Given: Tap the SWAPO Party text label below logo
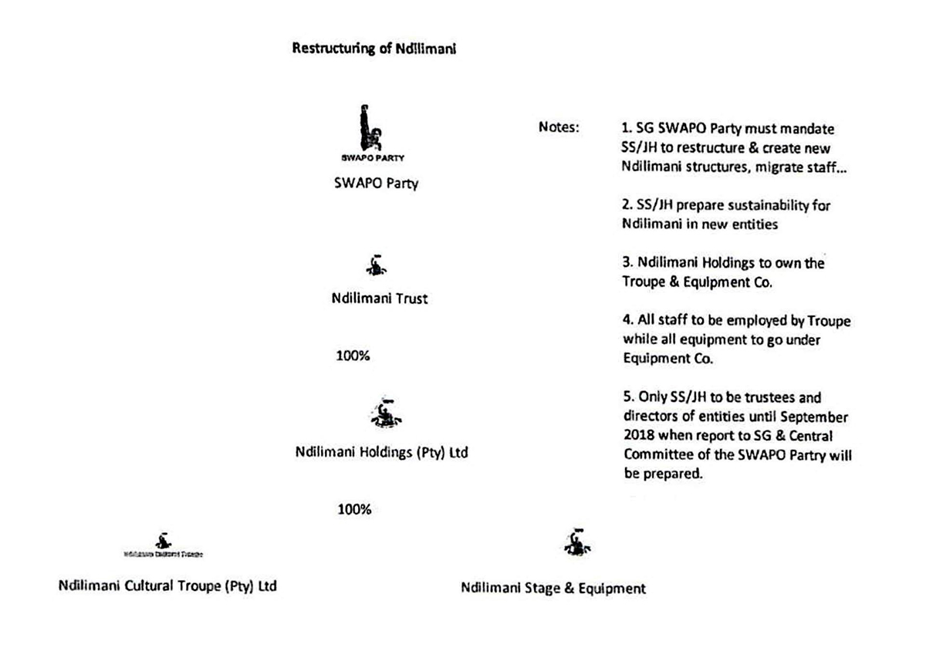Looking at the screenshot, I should point(376,184).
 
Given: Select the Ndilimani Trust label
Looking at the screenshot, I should point(379,299).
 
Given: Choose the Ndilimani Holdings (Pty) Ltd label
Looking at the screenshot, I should point(381,454).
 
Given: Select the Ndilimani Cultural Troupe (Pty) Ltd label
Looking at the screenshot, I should point(167,586).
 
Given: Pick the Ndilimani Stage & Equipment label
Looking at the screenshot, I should point(553,589).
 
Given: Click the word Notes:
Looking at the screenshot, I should point(559,127).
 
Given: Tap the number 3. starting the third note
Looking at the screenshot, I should point(627,263).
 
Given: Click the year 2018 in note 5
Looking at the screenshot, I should point(637,437).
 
